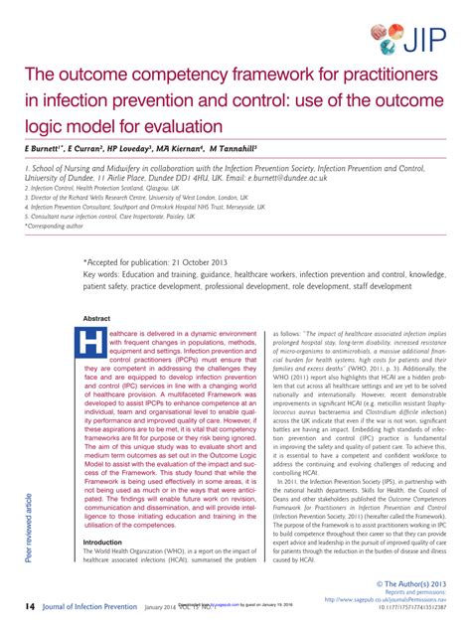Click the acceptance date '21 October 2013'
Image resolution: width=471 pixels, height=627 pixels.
click(x=195, y=262)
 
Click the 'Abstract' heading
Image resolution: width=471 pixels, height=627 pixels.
click(x=97, y=318)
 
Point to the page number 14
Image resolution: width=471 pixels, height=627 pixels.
click(x=31, y=607)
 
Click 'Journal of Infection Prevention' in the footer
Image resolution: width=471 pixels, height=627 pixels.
click(x=88, y=607)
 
